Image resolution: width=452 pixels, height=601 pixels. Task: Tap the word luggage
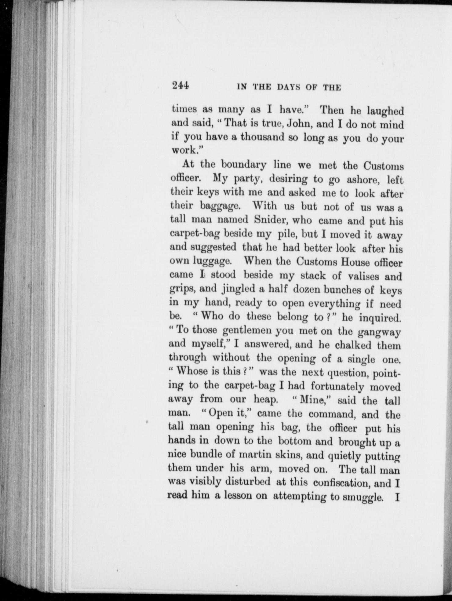(212, 261)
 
